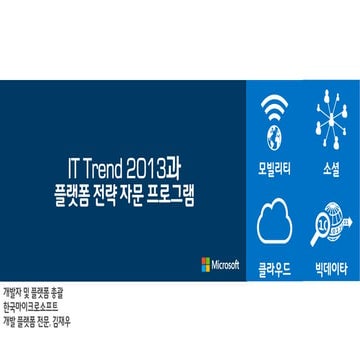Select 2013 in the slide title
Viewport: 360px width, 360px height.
click(x=147, y=162)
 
